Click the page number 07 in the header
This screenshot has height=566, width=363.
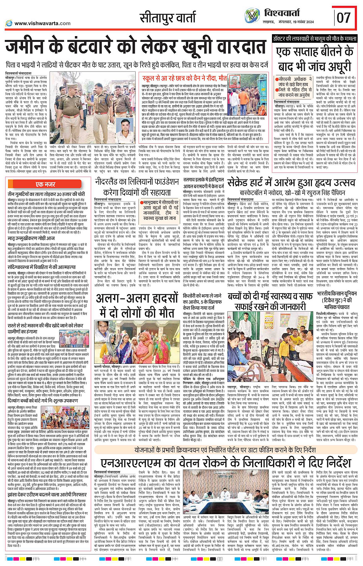(344, 18)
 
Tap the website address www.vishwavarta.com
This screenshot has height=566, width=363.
(42, 23)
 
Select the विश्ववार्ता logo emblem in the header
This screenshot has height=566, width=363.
(252, 16)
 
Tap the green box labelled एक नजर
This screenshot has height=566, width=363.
(45, 184)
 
